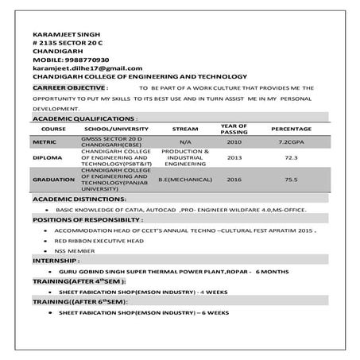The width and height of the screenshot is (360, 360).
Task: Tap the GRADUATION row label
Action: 53,180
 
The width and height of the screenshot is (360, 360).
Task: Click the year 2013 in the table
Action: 234,157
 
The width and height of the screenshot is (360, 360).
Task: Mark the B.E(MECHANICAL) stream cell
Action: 184,180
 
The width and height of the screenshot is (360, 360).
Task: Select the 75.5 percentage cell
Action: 291,180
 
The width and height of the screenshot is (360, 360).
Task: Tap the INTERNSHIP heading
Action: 56,261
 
